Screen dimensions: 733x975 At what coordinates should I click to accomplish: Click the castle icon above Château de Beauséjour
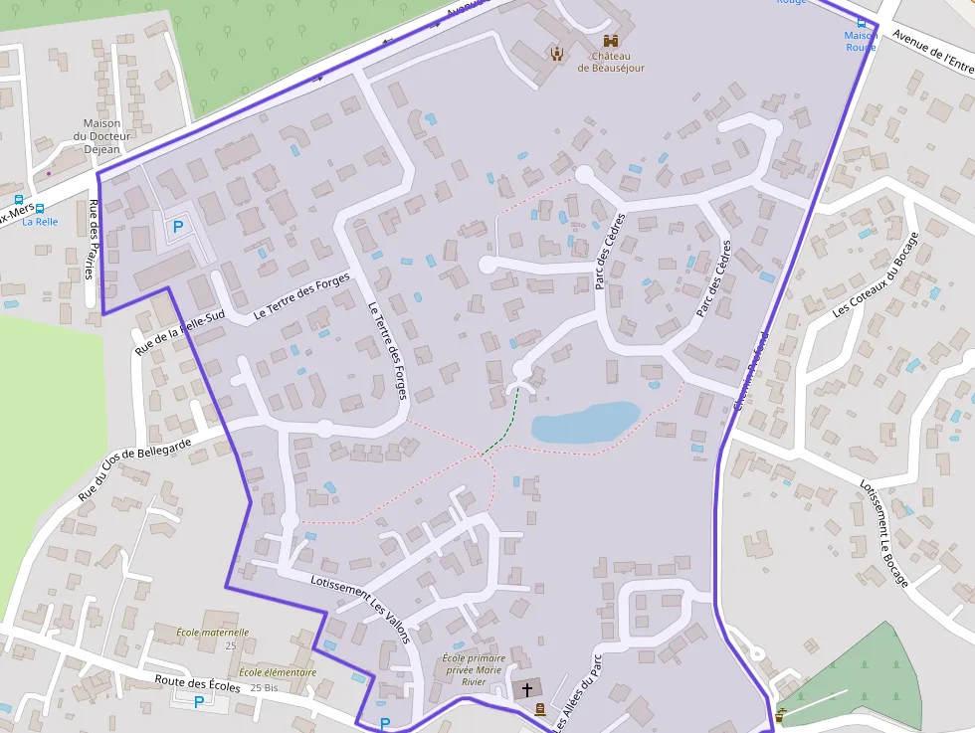(611, 42)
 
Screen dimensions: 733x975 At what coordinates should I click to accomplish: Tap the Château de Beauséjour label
(611, 62)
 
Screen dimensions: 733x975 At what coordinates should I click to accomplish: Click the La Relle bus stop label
(41, 222)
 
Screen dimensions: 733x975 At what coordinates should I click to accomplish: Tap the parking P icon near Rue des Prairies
(178, 227)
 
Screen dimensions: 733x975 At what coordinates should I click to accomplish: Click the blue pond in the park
(583, 423)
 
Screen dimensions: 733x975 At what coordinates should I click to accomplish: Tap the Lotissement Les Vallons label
(359, 609)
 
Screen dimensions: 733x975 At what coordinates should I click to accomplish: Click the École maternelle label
(212, 633)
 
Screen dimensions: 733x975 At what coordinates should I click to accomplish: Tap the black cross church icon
(527, 688)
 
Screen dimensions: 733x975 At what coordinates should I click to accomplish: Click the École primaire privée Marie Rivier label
(474, 669)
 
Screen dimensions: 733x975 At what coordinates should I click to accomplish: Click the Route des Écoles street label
(197, 683)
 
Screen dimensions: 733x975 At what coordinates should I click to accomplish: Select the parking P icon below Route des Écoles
(198, 702)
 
